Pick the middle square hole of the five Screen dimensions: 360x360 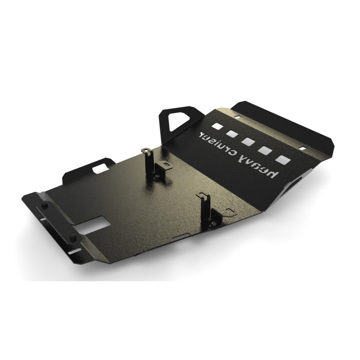tap(248, 141)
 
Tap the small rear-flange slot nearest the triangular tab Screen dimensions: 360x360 tap(238, 117)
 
